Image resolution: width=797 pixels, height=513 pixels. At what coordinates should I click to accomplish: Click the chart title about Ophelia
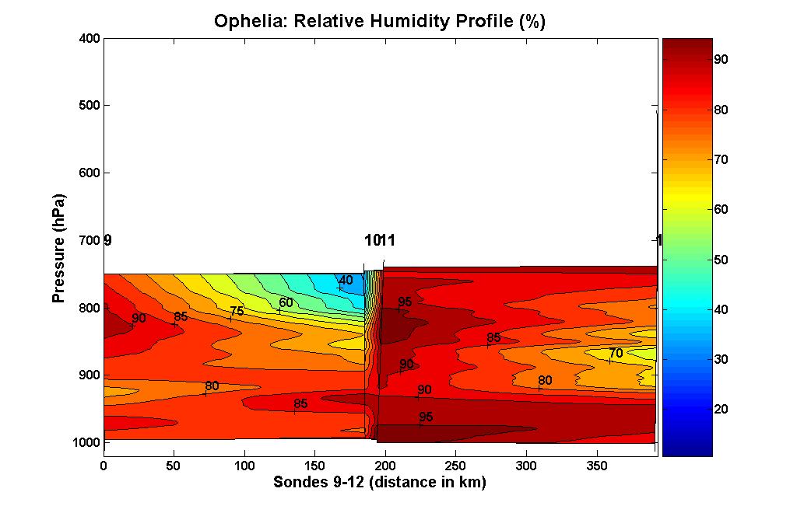coord(380,22)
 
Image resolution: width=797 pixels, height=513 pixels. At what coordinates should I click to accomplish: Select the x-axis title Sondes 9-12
coord(380,483)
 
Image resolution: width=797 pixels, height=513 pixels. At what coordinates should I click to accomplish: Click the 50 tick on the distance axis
coord(174,465)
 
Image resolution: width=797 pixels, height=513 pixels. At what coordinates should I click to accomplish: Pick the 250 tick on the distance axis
coord(455,465)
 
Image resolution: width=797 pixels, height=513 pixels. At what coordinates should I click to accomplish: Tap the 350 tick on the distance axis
coord(596,465)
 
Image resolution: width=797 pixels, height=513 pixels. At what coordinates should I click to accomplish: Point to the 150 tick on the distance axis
coord(314,465)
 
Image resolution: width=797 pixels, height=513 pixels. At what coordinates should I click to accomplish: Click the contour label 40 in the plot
coord(346,281)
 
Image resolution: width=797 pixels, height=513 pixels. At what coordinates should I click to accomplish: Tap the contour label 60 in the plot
coord(286,302)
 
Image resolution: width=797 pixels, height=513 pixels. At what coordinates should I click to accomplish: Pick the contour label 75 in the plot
coord(237,311)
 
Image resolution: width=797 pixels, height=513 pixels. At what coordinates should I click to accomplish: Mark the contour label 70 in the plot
coord(616,353)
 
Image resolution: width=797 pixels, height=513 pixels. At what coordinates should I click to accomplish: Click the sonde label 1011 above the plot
coord(380,240)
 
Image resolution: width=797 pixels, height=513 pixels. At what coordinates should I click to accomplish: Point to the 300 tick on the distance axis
coord(526,465)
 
